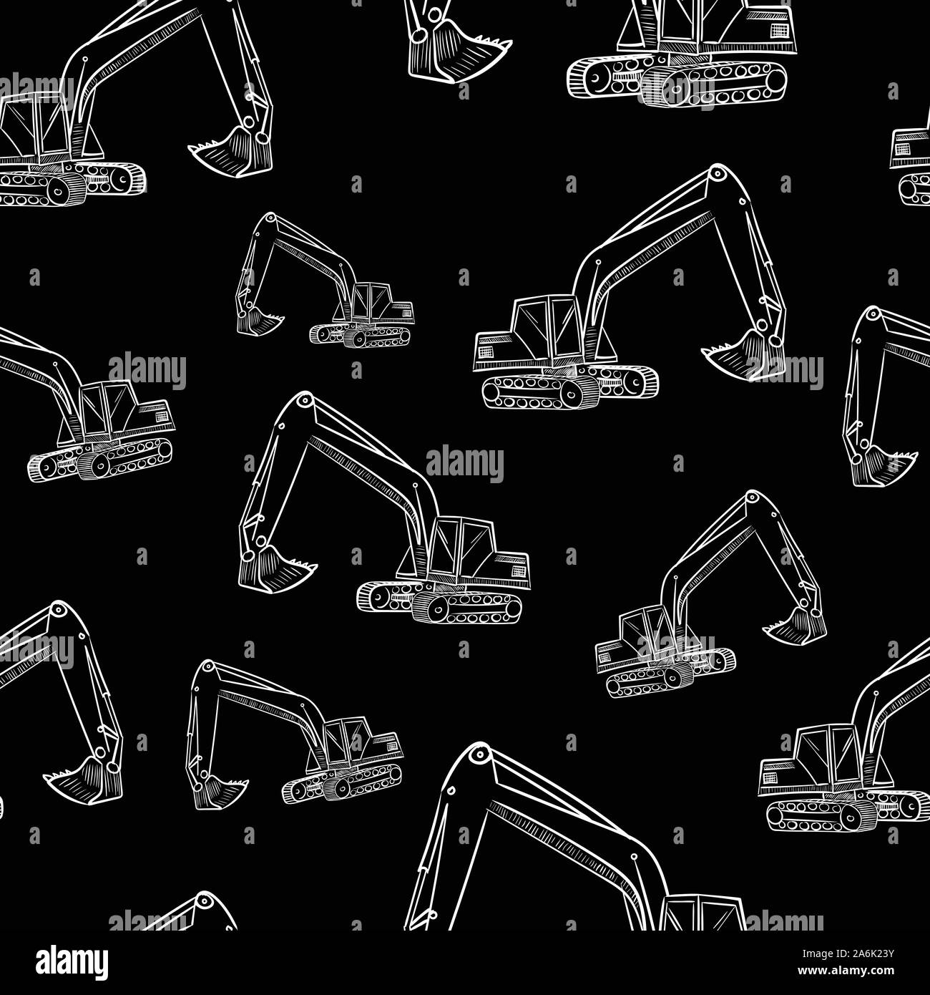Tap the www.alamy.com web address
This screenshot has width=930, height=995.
(846, 971)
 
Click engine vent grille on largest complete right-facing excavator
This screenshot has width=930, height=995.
(486, 351)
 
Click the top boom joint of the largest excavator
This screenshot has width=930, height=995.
(480, 754)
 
